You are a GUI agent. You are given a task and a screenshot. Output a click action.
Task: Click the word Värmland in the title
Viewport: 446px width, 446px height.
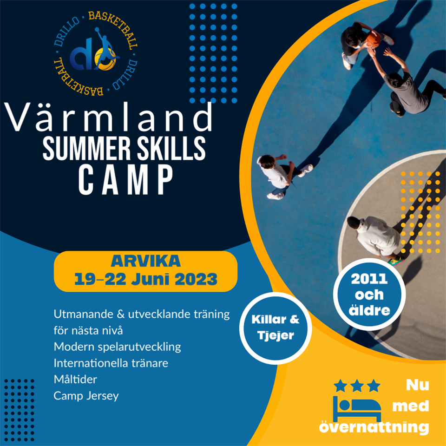coord(109,117)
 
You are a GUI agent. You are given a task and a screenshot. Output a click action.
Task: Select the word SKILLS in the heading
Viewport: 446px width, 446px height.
coord(171,148)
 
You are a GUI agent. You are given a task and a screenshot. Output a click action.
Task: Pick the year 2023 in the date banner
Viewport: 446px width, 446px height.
coord(196,279)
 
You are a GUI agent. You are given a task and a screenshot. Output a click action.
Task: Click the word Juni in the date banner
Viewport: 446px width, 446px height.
coord(150,279)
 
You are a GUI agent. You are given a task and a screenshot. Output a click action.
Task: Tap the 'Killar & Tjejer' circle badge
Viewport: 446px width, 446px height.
coord(275,328)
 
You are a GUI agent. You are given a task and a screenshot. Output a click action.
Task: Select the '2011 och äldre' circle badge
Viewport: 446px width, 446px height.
coord(369,295)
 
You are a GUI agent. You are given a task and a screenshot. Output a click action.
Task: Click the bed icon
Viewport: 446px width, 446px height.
coord(357,409)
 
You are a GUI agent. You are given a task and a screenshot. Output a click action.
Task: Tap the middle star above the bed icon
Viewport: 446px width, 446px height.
coord(357,386)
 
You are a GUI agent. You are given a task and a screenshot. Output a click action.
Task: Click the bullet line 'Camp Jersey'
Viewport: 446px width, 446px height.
coord(86,396)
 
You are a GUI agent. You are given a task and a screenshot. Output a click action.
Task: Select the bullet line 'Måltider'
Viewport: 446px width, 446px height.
coord(75,379)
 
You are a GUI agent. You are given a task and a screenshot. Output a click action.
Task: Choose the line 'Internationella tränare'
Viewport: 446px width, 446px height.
coord(111,363)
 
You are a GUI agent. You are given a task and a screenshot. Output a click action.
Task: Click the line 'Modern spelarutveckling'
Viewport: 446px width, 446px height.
coord(117,347)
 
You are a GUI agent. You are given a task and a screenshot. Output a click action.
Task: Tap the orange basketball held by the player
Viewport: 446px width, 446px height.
coord(373,39)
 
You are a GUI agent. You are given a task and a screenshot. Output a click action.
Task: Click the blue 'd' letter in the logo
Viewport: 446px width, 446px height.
coord(81,54)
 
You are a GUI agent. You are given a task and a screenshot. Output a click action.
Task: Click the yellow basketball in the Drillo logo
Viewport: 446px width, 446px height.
coord(106,59)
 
